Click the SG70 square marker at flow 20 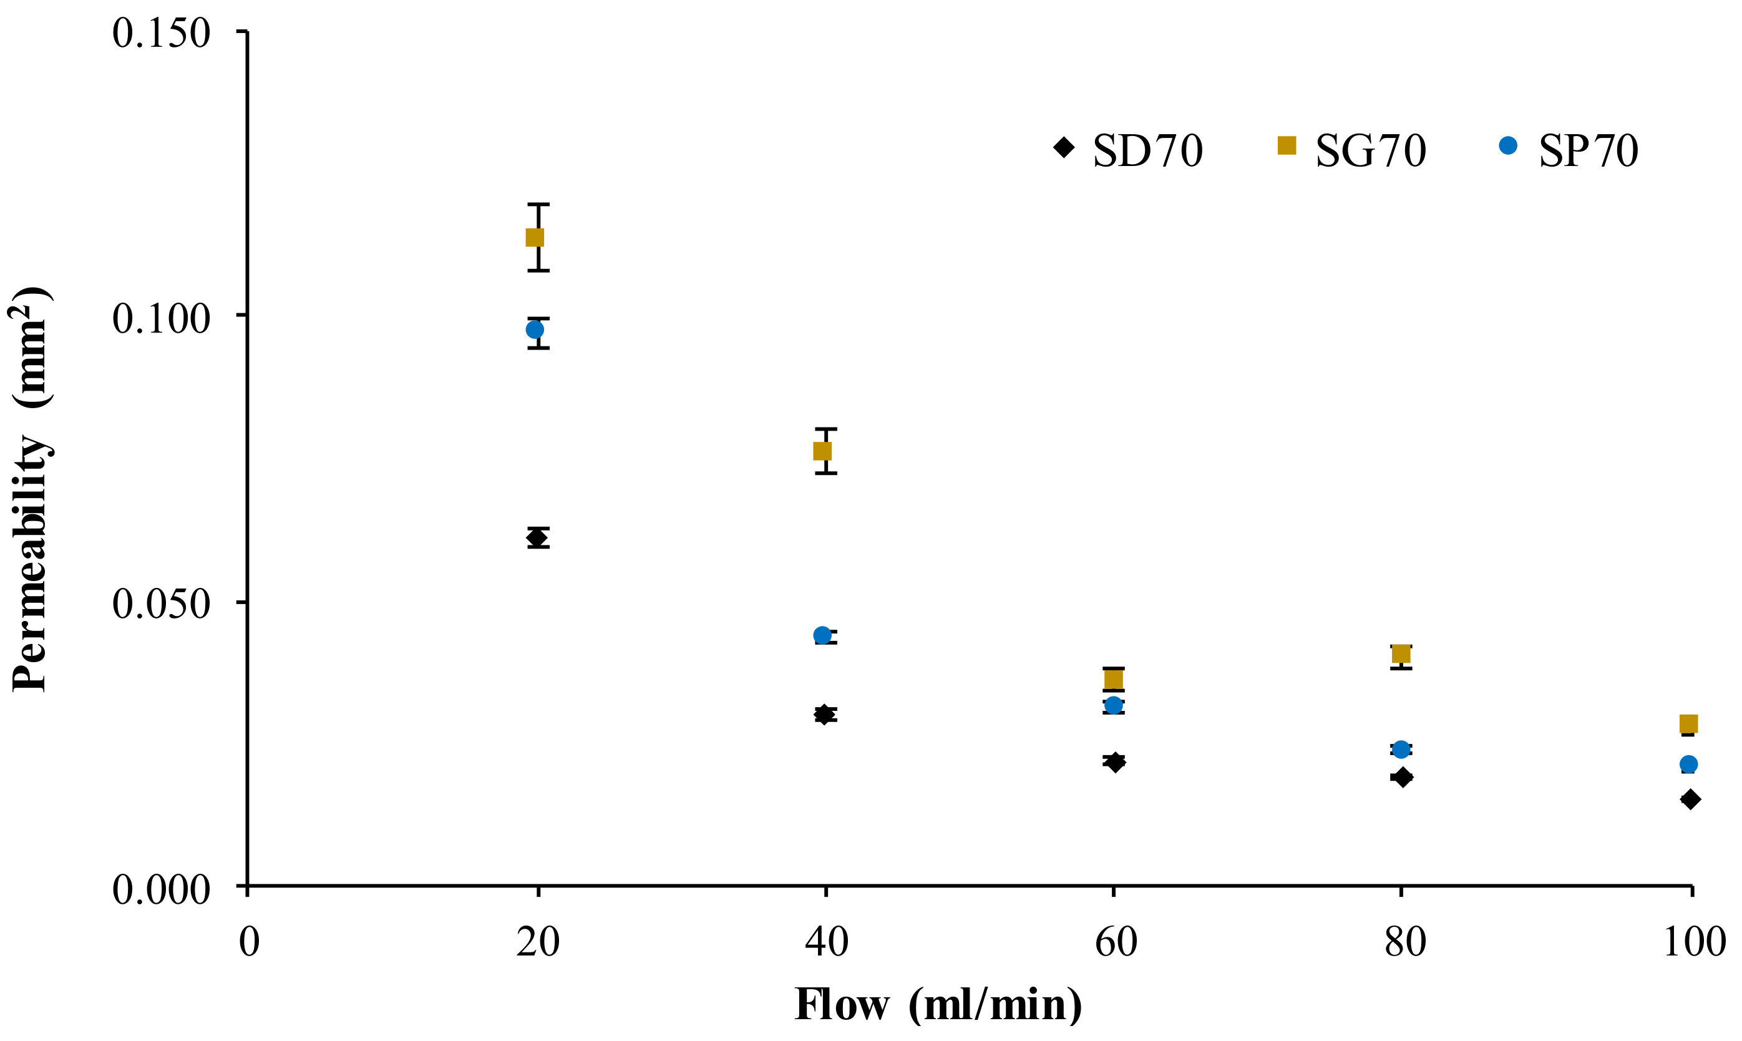click(x=534, y=238)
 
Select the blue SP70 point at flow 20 click(x=534, y=330)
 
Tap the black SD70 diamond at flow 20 click(x=537, y=538)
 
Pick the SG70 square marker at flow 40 click(x=822, y=451)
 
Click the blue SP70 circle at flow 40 click(x=822, y=635)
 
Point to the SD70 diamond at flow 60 click(x=1114, y=762)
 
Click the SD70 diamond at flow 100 click(x=1690, y=799)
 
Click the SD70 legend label click(x=1147, y=150)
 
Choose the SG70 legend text click(x=1370, y=150)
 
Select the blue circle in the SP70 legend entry click(x=1508, y=146)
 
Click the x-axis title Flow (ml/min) click(x=938, y=1005)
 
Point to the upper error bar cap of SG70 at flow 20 click(x=538, y=205)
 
